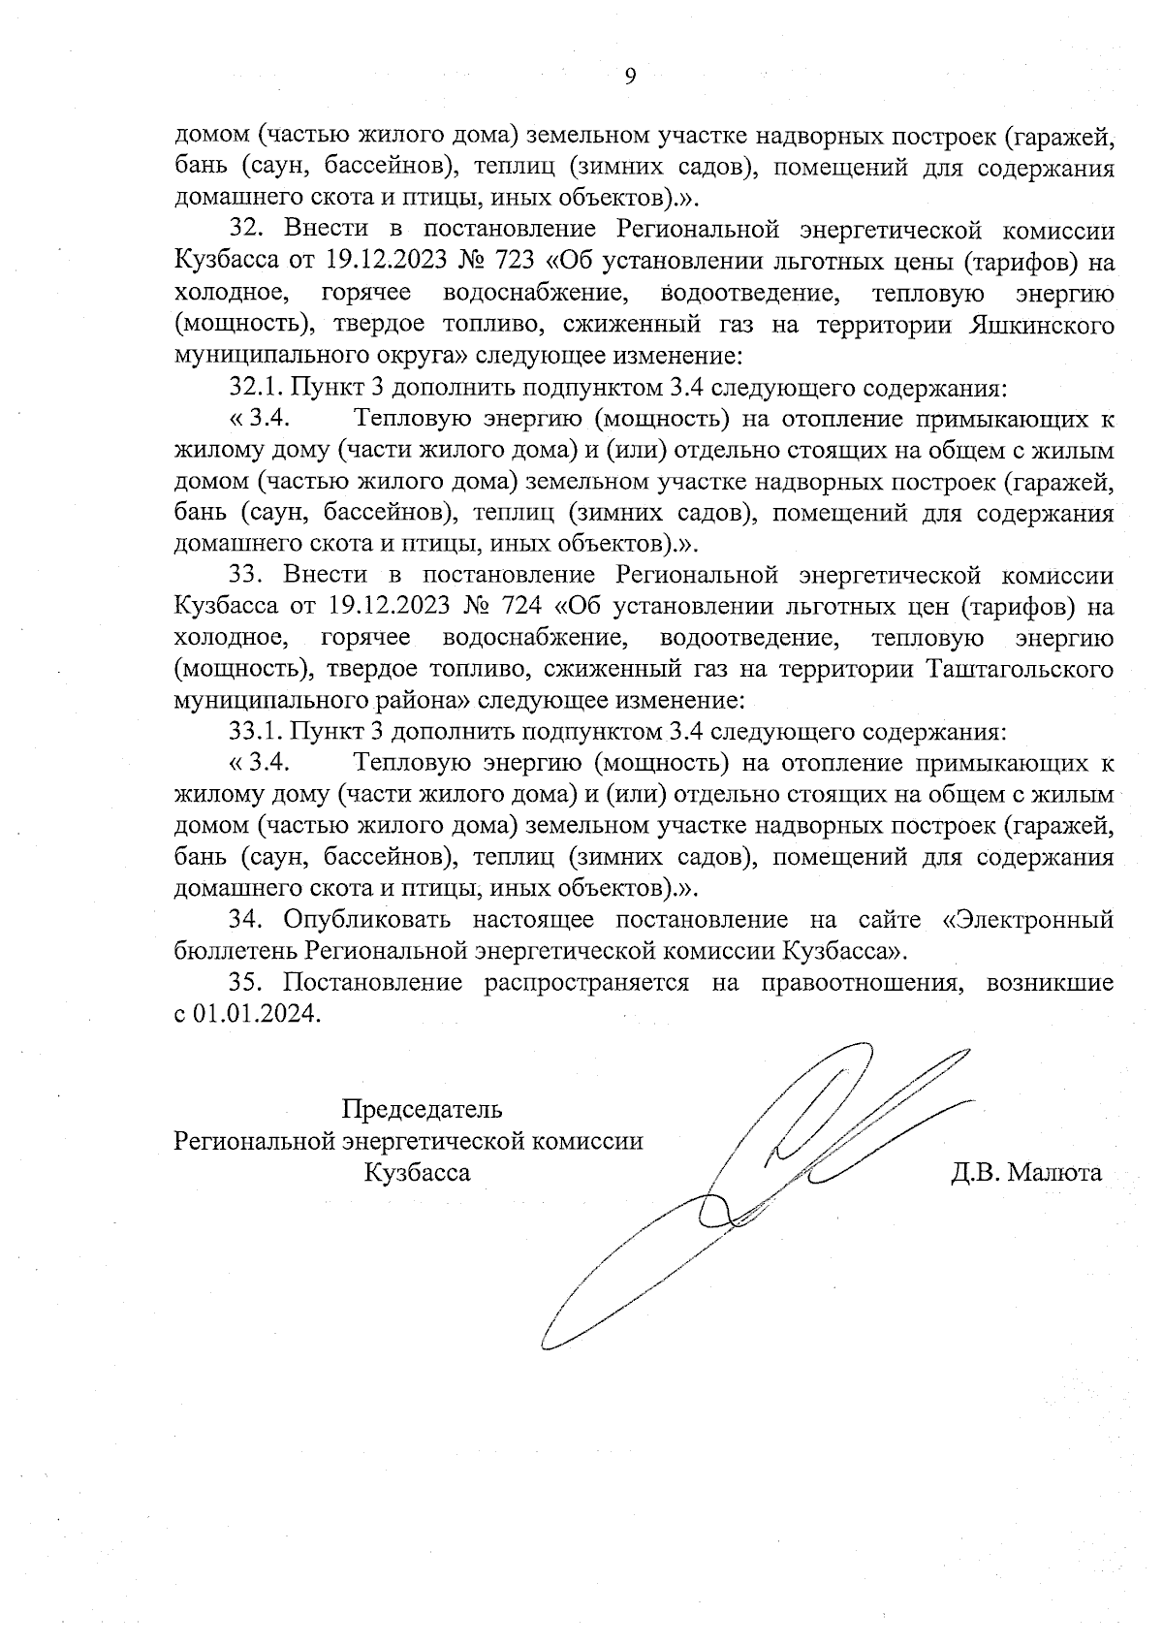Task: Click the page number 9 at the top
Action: (630, 78)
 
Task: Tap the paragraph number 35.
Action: (247, 981)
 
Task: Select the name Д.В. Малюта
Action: (1026, 1173)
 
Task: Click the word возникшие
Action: (1050, 981)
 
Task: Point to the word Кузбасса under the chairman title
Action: (418, 1173)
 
